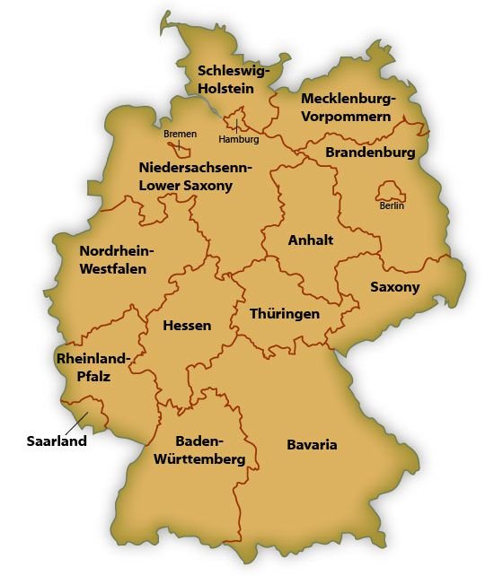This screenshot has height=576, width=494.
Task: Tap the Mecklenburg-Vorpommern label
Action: click(x=347, y=107)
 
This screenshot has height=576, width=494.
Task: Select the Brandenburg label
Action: click(x=370, y=153)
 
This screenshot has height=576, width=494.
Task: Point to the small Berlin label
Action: click(x=393, y=206)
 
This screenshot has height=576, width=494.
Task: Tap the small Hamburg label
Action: click(x=239, y=140)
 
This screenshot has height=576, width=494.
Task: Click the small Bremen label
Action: click(x=180, y=134)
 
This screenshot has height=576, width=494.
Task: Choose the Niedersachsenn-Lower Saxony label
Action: click(x=195, y=177)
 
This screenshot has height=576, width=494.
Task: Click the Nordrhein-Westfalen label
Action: click(x=118, y=259)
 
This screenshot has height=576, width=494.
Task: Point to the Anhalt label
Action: click(x=311, y=240)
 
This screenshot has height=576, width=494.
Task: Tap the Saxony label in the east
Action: click(x=395, y=287)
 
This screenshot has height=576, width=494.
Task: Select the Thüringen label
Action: click(x=286, y=314)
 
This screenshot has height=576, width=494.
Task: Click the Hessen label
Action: click(x=187, y=325)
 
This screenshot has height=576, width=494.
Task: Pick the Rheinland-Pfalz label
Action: click(x=93, y=368)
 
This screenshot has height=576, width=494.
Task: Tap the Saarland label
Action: click(x=56, y=441)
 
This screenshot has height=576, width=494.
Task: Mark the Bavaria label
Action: click(x=312, y=445)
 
